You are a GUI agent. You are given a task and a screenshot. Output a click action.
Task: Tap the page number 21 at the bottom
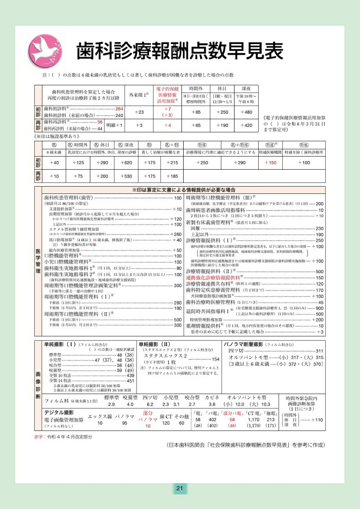tap(179, 489)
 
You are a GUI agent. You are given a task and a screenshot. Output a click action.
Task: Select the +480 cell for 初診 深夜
tap(246, 112)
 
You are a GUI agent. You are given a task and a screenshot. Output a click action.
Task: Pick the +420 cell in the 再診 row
tap(246, 126)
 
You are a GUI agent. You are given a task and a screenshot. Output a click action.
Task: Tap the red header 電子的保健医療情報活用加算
tap(167, 95)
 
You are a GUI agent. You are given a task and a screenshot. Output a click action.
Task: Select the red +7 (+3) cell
tap(167, 112)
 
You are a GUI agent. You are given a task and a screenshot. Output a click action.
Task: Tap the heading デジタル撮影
tap(59, 412)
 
